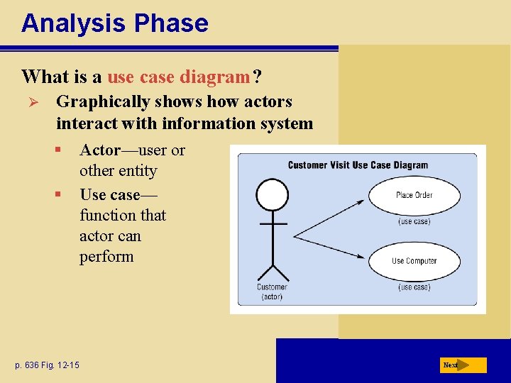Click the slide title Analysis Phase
114,23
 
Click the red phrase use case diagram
179,76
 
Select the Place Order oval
414,195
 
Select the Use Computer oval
414,261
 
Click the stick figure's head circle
272,194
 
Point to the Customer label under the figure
272,287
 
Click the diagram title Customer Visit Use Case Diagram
358,165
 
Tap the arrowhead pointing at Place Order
360,201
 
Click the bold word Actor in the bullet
100,150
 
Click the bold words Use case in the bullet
110,194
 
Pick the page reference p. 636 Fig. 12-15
46,365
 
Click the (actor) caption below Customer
272,296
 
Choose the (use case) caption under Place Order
414,221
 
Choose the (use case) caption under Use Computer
414,287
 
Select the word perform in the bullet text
106,257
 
